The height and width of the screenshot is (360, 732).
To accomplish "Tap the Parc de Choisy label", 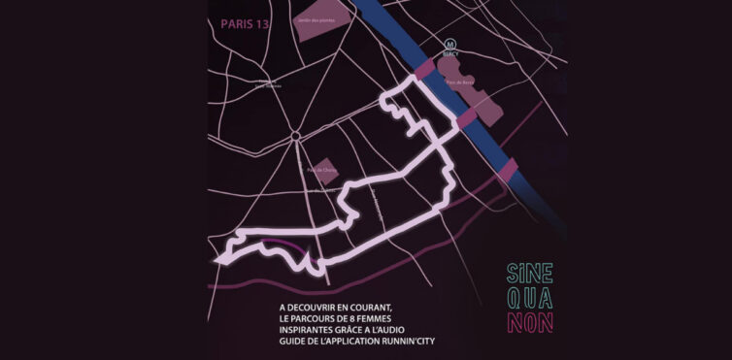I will click(x=320, y=171).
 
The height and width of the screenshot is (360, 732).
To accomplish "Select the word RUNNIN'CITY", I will click(x=413, y=344).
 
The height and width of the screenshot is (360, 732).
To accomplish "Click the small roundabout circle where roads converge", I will click(x=295, y=135).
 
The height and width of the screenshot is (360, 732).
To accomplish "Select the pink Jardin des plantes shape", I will click(x=312, y=27).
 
